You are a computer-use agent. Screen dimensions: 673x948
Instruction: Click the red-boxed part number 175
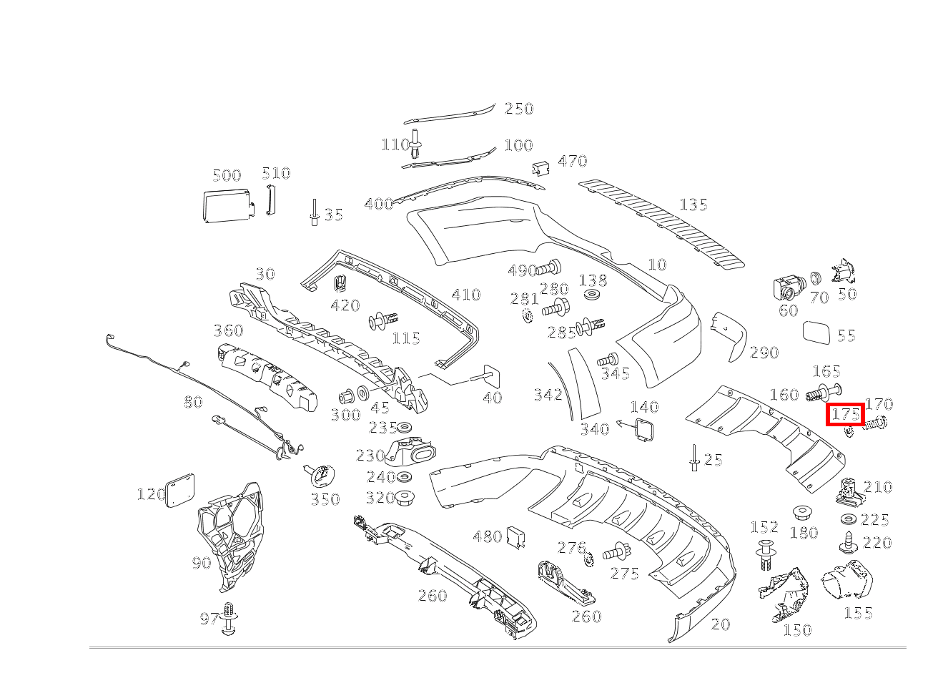[846, 414]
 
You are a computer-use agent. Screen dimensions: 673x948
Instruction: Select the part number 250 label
[519, 109]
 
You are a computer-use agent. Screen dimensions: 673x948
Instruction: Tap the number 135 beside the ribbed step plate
[693, 205]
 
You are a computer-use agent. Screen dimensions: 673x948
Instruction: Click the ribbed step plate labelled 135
[661, 222]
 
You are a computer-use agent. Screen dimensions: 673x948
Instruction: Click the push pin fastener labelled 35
[314, 212]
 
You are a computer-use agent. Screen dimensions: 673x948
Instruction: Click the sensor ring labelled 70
[816, 277]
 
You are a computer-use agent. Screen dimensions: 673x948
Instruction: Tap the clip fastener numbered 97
[229, 619]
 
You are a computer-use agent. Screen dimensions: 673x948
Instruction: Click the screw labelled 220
[849, 541]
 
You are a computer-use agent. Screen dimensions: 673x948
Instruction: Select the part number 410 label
[466, 295]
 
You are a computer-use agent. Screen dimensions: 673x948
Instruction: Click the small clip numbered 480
[516, 538]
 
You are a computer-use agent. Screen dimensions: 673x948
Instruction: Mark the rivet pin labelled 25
[693, 458]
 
